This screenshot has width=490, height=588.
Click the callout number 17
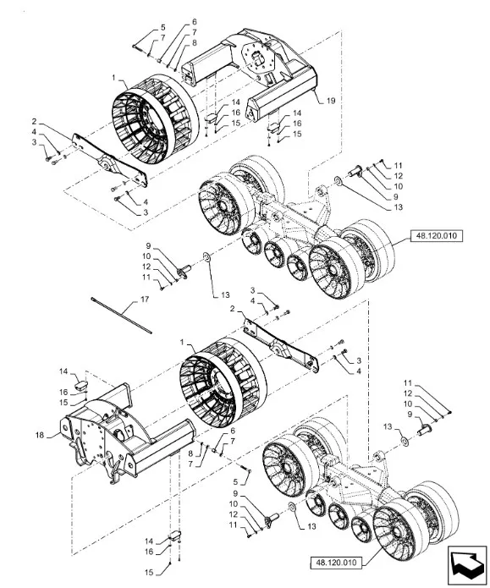(145, 299)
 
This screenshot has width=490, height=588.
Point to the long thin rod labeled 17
(121, 315)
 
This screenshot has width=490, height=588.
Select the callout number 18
(40, 435)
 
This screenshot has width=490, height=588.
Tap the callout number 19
(331, 101)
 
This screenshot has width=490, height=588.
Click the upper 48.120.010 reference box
(437, 236)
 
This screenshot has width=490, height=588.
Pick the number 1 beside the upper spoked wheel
(113, 78)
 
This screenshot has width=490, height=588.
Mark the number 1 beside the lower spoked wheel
(182, 343)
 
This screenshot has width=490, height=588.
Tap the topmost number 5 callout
(162, 27)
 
